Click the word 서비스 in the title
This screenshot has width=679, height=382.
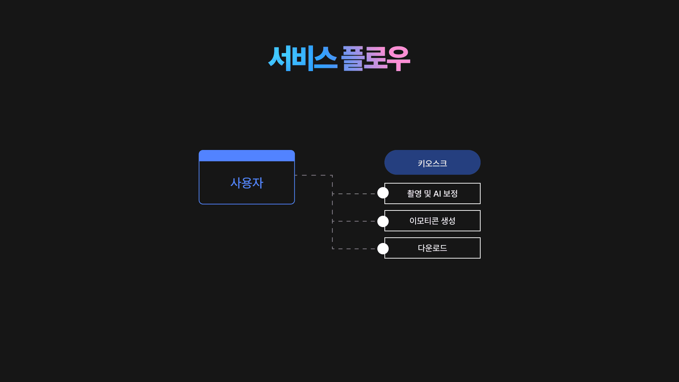pyautogui.click(x=302, y=58)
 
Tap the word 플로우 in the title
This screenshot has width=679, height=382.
pyautogui.click(x=375, y=58)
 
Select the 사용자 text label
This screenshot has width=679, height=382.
pyautogui.click(x=247, y=183)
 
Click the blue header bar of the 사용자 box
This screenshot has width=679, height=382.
pyautogui.click(x=247, y=156)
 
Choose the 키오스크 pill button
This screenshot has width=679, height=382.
pyautogui.click(x=432, y=163)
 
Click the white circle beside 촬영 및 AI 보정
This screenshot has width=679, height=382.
pyautogui.click(x=383, y=193)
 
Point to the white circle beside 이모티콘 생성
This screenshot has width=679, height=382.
pyautogui.click(x=383, y=221)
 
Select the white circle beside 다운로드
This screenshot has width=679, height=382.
pyautogui.click(x=383, y=249)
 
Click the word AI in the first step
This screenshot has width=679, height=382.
pyautogui.click(x=437, y=194)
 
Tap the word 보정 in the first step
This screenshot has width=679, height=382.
pyautogui.click(x=450, y=194)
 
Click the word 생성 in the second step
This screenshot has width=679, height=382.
pyautogui.click(x=448, y=221)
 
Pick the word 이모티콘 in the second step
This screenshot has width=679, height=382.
pyautogui.click(x=424, y=221)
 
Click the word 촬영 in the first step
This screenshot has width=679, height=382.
pyautogui.click(x=414, y=194)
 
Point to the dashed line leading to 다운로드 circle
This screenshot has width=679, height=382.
pyautogui.click(x=354, y=249)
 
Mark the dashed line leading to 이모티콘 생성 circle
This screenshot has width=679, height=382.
pyautogui.click(x=354, y=221)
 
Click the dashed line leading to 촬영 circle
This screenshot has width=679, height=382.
pyautogui.click(x=354, y=194)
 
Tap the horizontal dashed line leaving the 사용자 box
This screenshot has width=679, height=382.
pyautogui.click(x=313, y=175)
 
